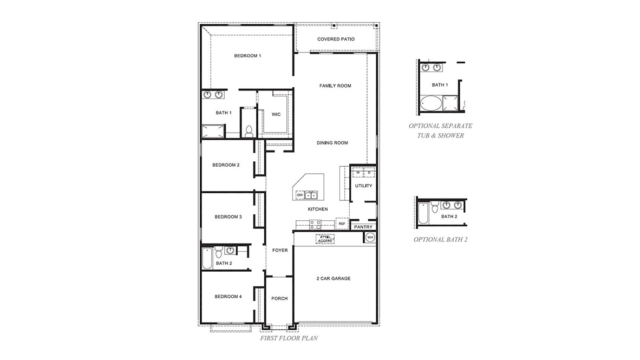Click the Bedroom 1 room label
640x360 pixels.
coord(247,56)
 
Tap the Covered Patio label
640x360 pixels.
coord(336,39)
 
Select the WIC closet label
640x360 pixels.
coord(276,114)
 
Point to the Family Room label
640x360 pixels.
coord(335,86)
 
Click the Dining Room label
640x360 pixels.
coord(332,143)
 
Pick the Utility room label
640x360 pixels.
coord(363,186)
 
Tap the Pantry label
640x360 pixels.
coord(363,227)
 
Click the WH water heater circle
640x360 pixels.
coord(370,237)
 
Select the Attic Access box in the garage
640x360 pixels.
coord(325,238)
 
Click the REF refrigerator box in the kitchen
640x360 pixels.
coord(342,223)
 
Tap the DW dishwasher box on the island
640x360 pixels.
coord(299,194)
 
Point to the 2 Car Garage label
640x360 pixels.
coord(334,278)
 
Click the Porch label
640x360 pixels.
coord(279,298)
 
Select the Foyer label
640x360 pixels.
coord(280,250)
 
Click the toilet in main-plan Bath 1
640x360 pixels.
coord(249,131)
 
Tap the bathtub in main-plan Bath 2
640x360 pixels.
coord(206,259)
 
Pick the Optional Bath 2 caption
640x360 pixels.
coord(440,239)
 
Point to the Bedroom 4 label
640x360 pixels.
coord(228,296)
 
